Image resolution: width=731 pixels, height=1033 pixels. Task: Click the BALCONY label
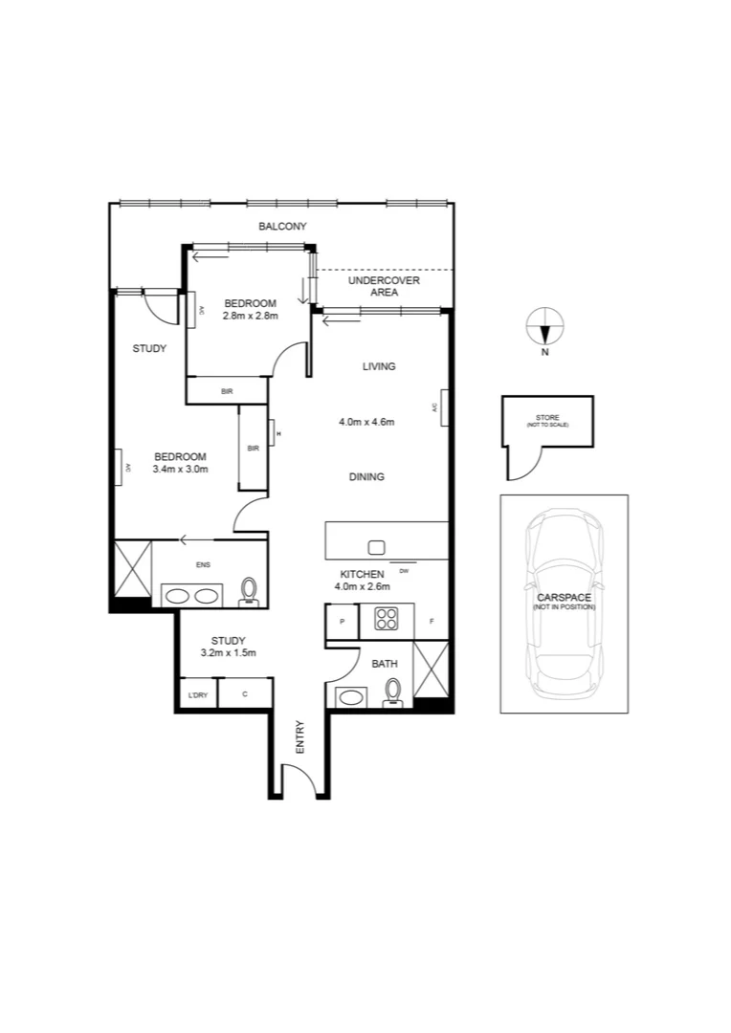click(x=282, y=227)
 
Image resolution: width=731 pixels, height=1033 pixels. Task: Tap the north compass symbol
click(x=544, y=328)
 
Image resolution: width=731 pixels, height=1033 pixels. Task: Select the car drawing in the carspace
click(x=564, y=603)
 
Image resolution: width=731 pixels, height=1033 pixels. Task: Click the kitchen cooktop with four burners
click(x=387, y=620)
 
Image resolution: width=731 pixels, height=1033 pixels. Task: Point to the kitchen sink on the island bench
click(x=376, y=547)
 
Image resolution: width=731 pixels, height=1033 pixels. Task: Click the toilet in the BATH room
click(x=392, y=692)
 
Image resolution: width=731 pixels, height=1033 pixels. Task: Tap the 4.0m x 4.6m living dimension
click(x=366, y=421)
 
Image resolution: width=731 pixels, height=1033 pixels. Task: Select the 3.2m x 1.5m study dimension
click(x=229, y=653)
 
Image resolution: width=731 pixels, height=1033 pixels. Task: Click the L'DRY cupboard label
click(x=197, y=694)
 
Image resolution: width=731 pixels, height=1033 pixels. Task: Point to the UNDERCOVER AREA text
click(x=384, y=286)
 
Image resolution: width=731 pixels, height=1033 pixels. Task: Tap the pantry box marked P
click(x=342, y=622)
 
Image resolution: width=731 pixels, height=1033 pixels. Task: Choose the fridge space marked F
click(x=432, y=622)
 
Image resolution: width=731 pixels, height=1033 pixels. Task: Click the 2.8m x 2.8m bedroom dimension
click(x=250, y=316)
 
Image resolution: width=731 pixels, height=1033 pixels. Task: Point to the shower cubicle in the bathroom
click(x=430, y=671)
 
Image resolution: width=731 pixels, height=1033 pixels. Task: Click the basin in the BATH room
click(x=350, y=696)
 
